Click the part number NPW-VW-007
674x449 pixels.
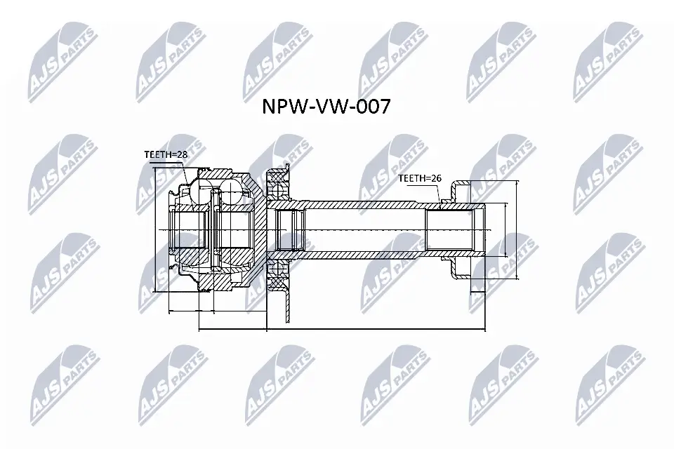(x=326, y=107)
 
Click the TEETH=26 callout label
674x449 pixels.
(x=419, y=178)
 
